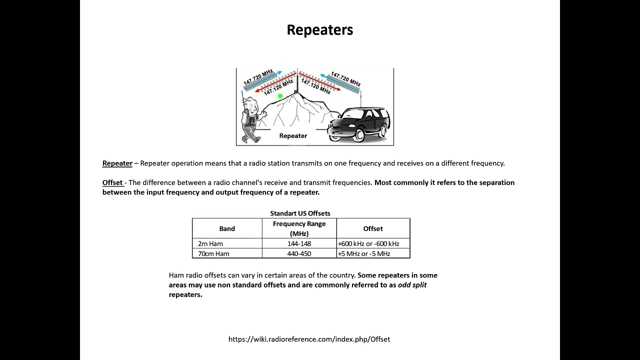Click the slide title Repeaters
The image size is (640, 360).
pyautogui.click(x=320, y=30)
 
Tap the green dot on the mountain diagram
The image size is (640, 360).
pyautogui.click(x=280, y=96)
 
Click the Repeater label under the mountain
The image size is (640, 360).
pyautogui.click(x=293, y=136)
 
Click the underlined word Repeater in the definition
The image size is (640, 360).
pyautogui.click(x=117, y=163)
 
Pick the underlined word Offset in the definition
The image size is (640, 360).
pyautogui.click(x=112, y=183)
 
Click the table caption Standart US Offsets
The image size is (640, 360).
pyautogui.click(x=300, y=213)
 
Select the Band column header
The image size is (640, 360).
pyautogui.click(x=227, y=228)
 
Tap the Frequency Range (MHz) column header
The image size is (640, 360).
pyautogui.click(x=299, y=228)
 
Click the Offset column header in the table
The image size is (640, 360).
pyautogui.click(x=373, y=228)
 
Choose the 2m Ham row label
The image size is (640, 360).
pyautogui.click(x=210, y=244)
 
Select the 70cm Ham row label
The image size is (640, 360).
pyautogui.click(x=213, y=254)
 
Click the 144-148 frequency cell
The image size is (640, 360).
pyautogui.click(x=299, y=244)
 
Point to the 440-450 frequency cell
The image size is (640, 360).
pyautogui.click(x=299, y=254)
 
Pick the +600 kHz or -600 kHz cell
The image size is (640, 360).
pyautogui.click(x=368, y=244)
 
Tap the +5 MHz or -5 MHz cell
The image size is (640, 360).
pyautogui.click(x=364, y=254)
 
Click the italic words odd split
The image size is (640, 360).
pyautogui.click(x=412, y=285)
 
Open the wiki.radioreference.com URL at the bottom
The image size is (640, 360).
pyautogui.click(x=309, y=339)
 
